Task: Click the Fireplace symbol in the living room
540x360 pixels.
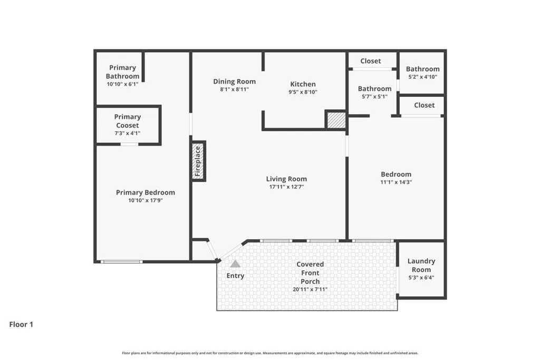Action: [199, 161]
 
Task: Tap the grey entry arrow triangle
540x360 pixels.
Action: [235, 264]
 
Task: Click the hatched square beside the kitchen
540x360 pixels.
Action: [336, 120]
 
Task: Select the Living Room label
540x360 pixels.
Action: [286, 179]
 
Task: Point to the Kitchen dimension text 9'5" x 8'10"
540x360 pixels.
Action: [303, 92]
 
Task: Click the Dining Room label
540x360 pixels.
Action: [235, 82]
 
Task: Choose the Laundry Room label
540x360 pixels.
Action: [421, 265]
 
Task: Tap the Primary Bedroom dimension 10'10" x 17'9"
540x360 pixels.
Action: [146, 200]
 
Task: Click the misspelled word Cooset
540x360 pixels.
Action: [128, 125]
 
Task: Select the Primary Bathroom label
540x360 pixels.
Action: [122, 72]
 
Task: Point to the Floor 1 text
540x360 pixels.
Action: [21, 324]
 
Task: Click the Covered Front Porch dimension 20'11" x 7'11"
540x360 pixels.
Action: [310, 289]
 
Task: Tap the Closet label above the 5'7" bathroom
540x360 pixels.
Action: [371, 61]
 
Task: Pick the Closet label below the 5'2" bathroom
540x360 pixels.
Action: [425, 105]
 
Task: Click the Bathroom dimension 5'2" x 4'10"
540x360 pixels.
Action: [422, 77]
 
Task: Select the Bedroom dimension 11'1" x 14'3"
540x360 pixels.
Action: [396, 182]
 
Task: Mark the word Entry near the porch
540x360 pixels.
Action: [235, 276]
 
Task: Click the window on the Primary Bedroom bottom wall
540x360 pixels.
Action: [122, 262]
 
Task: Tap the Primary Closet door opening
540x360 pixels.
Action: [130, 144]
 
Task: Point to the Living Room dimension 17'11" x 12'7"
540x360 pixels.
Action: [286, 187]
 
